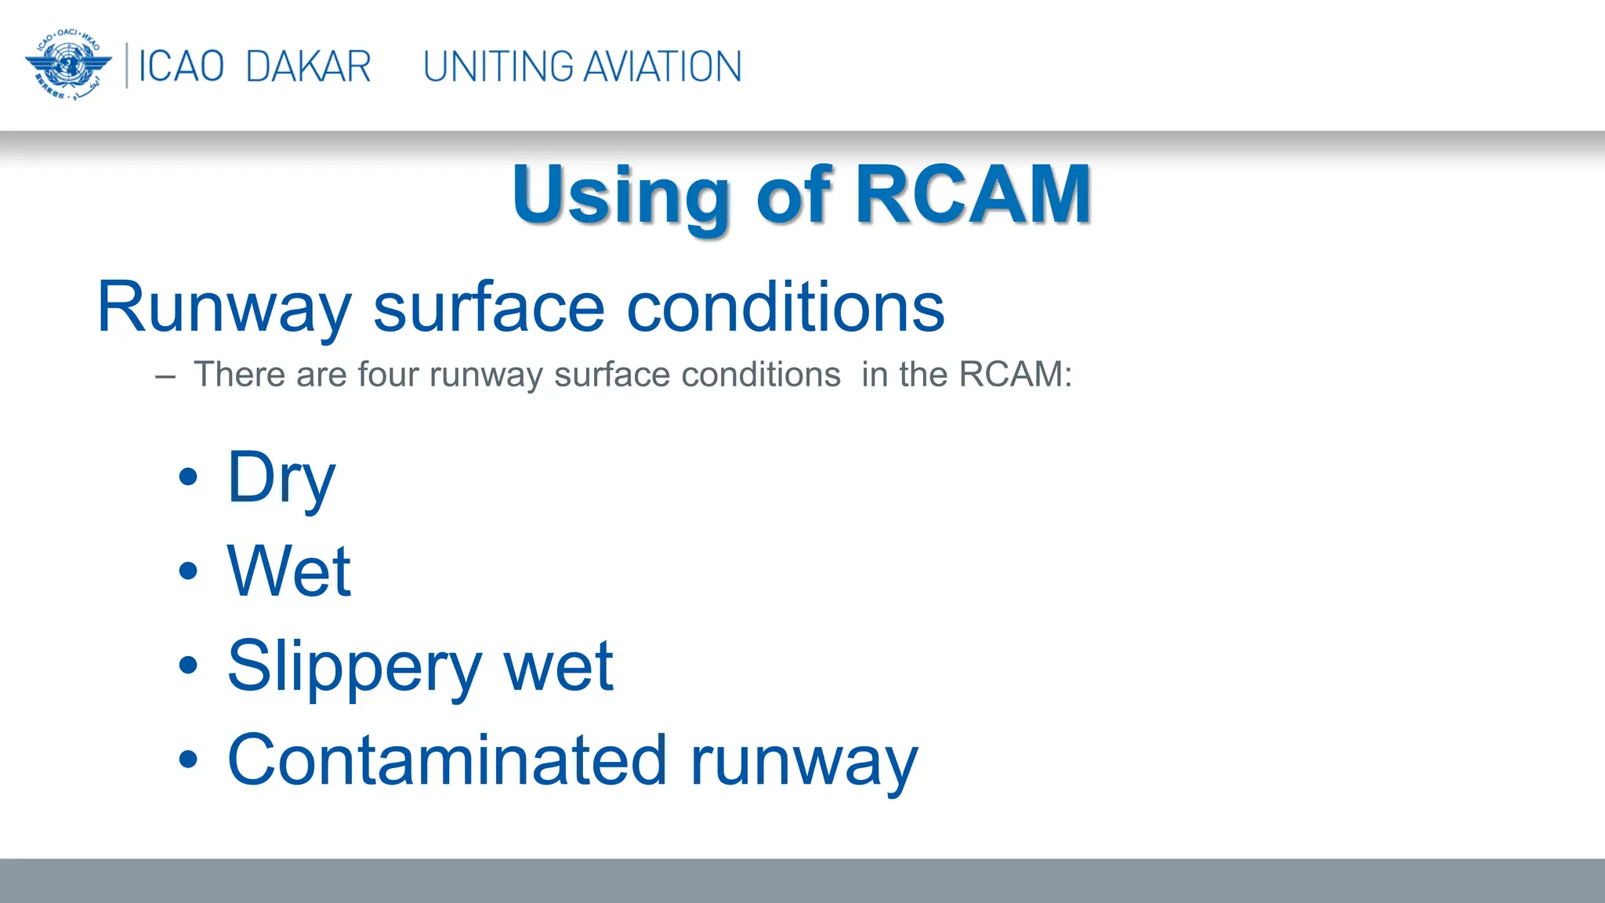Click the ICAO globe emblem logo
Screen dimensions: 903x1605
point(68,65)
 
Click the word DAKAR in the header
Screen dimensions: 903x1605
point(308,67)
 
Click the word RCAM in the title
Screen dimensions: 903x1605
point(973,194)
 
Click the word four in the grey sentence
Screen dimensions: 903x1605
point(389,375)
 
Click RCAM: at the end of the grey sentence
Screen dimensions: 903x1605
point(1016,375)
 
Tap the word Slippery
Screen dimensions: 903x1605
point(354,666)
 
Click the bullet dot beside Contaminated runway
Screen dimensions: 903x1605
point(188,759)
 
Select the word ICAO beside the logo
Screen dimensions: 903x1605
point(181,67)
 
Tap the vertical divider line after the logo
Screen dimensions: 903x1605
point(127,66)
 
